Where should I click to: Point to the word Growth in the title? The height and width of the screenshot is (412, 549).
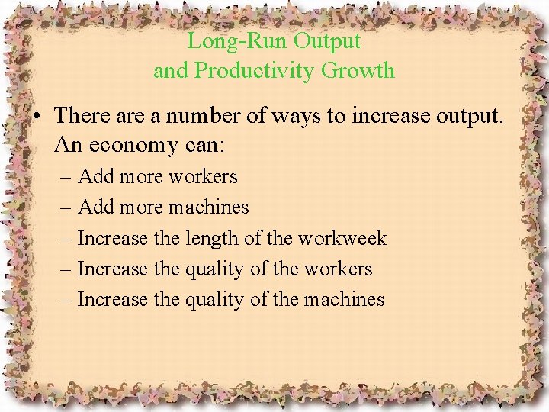[x=358, y=70]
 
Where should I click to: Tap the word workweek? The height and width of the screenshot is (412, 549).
[x=342, y=238]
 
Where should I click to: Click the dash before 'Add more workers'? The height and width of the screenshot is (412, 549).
[x=66, y=177]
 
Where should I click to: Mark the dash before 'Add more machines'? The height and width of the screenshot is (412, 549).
[x=66, y=208]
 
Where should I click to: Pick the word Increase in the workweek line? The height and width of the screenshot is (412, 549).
[x=112, y=238]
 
